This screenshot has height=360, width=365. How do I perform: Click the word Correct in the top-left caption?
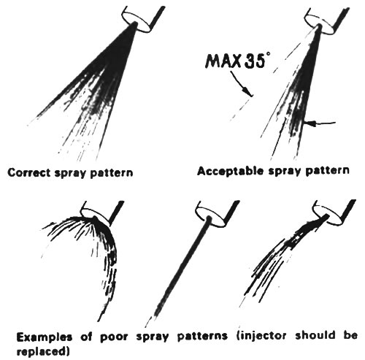(x=29, y=173)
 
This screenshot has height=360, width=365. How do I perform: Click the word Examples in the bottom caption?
(x=45, y=337)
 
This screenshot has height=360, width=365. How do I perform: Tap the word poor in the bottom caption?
(x=114, y=337)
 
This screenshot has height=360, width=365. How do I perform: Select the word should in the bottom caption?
(x=315, y=335)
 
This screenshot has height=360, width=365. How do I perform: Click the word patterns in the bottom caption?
(x=203, y=337)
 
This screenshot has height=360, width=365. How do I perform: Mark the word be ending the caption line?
(x=351, y=335)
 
